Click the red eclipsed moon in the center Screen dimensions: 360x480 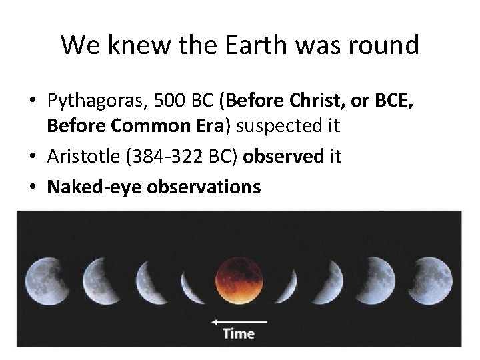point(239,278)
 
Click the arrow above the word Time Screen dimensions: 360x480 point(239,321)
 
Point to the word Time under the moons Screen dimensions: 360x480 point(239,333)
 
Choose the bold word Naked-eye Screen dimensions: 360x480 point(93,187)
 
